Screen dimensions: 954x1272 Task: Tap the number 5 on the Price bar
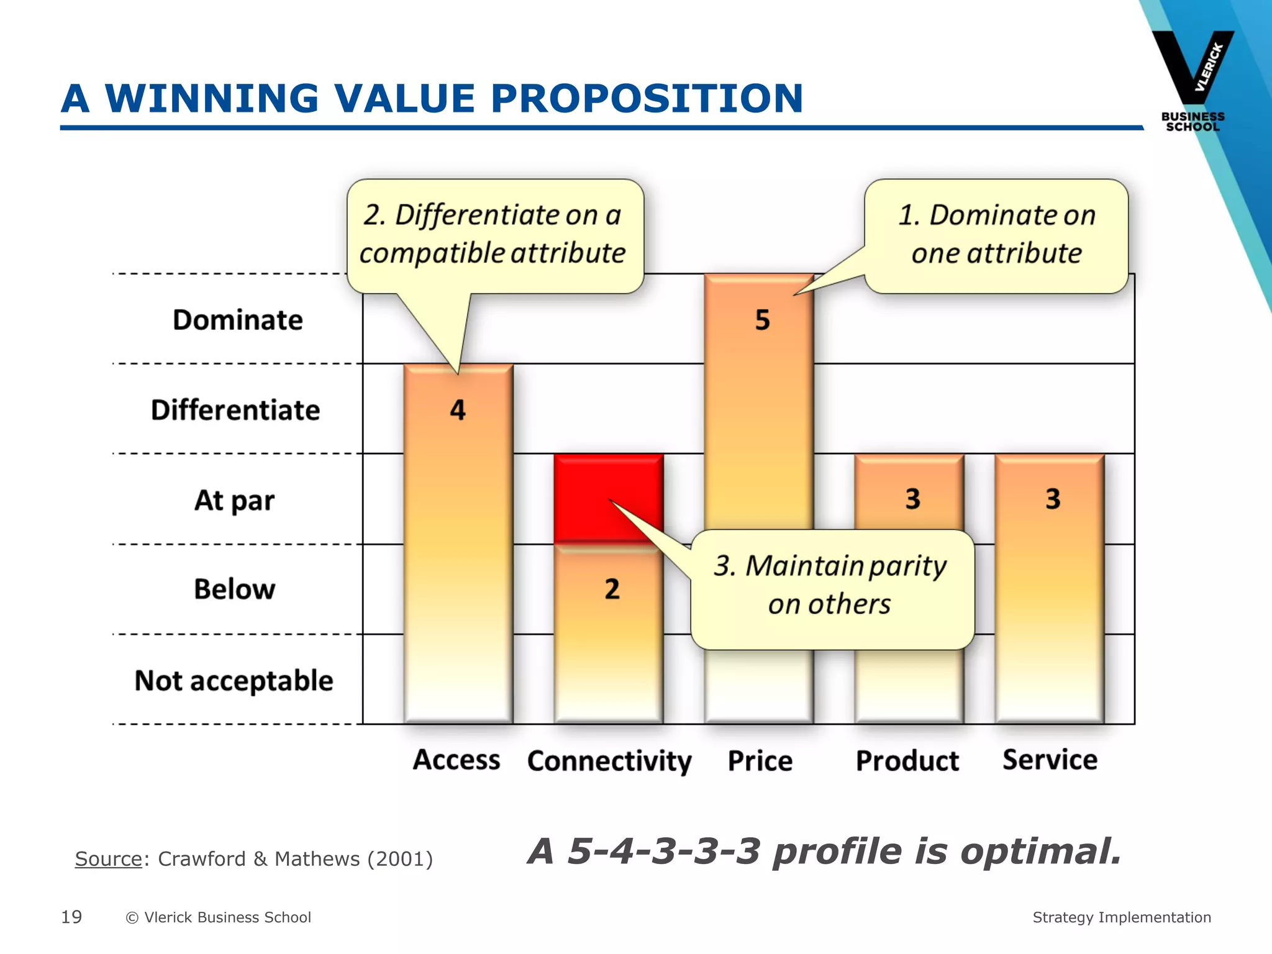(x=762, y=320)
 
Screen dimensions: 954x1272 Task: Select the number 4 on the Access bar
(x=458, y=410)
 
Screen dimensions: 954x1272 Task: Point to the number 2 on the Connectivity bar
(x=612, y=589)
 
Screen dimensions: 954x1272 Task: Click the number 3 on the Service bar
(x=1053, y=499)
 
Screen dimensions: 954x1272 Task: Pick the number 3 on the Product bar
(x=912, y=499)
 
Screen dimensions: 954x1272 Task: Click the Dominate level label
(x=238, y=320)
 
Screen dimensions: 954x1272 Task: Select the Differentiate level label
(x=235, y=411)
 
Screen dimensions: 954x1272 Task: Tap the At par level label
(x=234, y=501)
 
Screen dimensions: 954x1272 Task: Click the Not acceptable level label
(x=234, y=681)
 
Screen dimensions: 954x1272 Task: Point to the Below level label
(x=234, y=589)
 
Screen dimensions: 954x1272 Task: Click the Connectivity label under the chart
(x=609, y=761)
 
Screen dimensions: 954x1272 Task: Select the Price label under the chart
(x=760, y=761)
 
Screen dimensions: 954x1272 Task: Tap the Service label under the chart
(x=1050, y=760)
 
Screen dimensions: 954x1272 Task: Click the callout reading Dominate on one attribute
(x=996, y=235)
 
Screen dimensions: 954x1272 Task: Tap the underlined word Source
(x=109, y=859)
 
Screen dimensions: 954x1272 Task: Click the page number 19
(x=71, y=917)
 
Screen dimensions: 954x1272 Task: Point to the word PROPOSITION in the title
(x=647, y=99)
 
